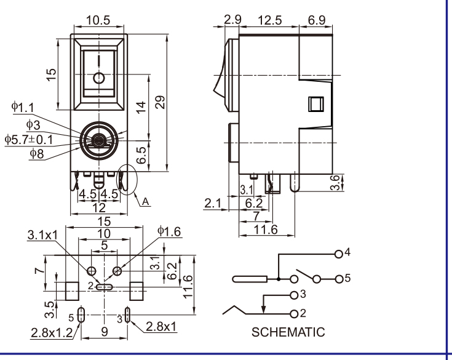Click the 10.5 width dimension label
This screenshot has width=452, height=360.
(98, 20)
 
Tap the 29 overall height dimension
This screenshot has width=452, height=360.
(161, 102)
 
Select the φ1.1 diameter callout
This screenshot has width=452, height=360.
(23, 107)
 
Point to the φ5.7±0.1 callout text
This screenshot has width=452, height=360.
(29, 140)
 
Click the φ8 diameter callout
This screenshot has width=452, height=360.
(37, 153)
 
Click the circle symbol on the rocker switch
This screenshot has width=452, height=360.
(99, 78)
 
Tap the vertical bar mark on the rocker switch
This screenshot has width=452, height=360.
(99, 61)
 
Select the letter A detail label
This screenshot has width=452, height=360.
(146, 202)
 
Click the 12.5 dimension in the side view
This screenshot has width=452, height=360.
(269, 20)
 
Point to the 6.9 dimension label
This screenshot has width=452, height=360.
(317, 20)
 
